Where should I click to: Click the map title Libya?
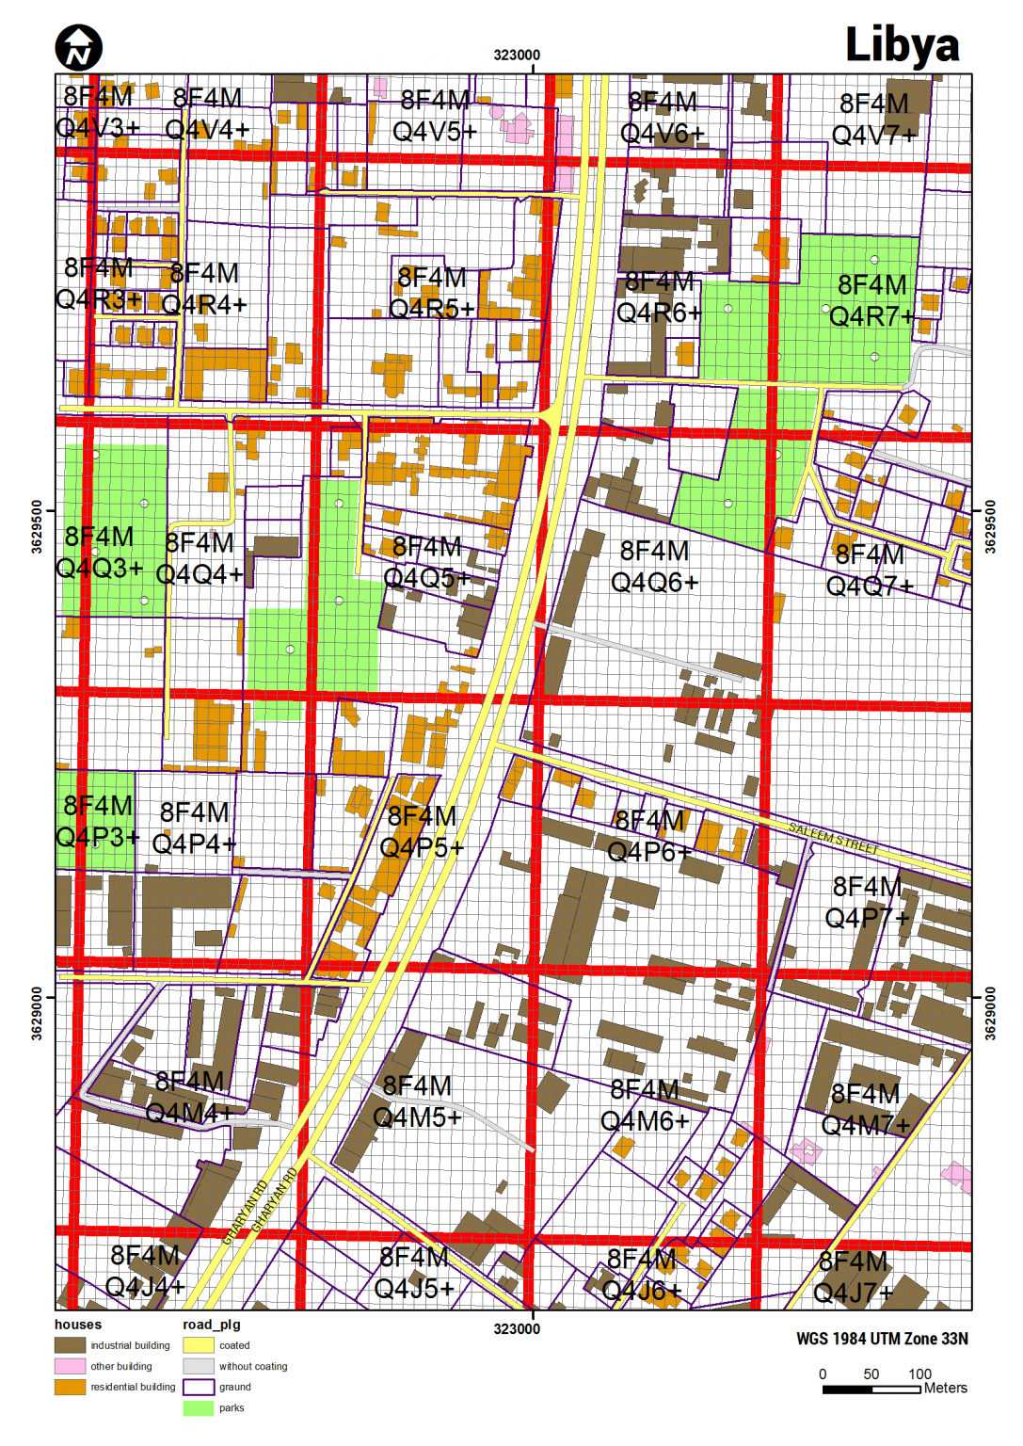click(x=902, y=44)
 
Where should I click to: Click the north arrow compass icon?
click(x=78, y=48)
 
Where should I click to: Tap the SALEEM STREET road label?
click(x=833, y=838)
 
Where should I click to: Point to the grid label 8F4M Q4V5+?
click(x=434, y=116)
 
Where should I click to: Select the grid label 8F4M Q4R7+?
click(x=871, y=300)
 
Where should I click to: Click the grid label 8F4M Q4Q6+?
click(x=654, y=567)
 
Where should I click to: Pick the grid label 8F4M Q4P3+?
click(x=98, y=821)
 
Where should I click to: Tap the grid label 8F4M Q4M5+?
click(x=417, y=1101)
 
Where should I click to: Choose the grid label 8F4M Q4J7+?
click(x=853, y=1277)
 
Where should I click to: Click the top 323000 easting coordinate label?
click(x=517, y=55)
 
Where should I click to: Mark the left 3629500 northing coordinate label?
click(x=38, y=527)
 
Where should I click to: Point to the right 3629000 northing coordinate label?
click(x=989, y=1013)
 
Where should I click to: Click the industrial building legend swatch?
click(x=70, y=1345)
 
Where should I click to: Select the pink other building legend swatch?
click(x=70, y=1366)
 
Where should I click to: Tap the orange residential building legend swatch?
click(x=70, y=1387)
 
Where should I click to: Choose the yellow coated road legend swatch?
click(x=198, y=1345)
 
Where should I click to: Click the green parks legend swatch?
click(x=198, y=1408)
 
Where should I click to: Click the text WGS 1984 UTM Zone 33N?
click(x=882, y=1339)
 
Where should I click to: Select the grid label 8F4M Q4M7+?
click(x=866, y=1109)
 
